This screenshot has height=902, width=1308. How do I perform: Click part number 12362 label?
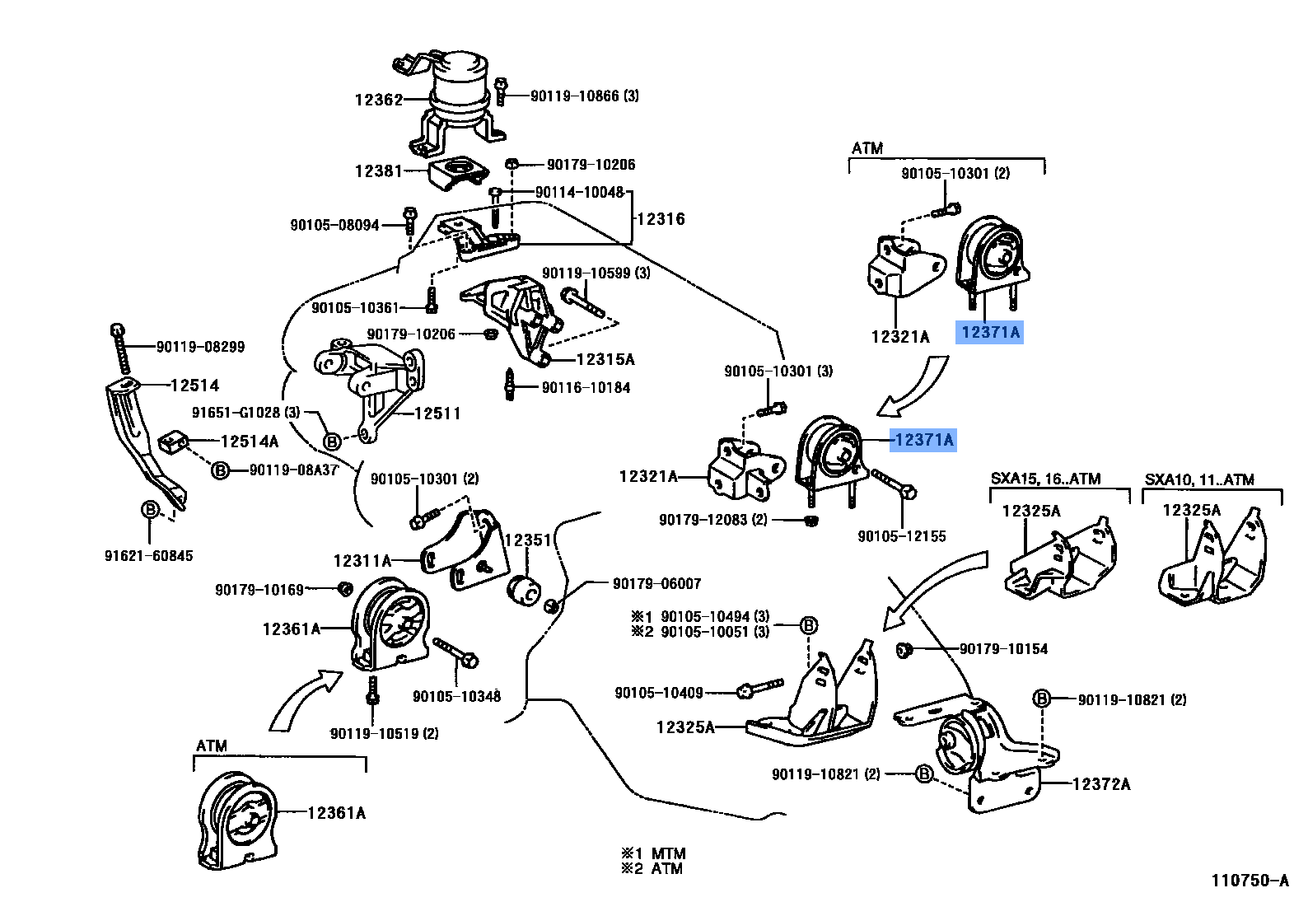[379, 100]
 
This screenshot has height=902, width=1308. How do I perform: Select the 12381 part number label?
[379, 171]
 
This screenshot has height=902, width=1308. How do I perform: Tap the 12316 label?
[661, 219]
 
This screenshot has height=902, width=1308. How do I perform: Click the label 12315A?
[605, 359]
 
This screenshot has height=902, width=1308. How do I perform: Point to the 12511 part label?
[437, 414]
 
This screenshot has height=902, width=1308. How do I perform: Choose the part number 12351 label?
[527, 540]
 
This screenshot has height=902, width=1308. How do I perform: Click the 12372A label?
[1101, 784]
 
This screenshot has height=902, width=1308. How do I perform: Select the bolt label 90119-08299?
[200, 347]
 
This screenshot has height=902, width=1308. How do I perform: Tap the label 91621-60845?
[148, 556]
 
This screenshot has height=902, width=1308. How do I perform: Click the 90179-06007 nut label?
[656, 583]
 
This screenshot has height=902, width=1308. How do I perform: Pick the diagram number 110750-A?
[1249, 881]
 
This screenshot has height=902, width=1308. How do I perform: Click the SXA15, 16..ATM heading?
[1045, 479]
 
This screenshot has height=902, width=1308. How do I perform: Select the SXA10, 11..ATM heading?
[1199, 479]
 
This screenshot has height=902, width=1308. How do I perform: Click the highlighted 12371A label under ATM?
[990, 332]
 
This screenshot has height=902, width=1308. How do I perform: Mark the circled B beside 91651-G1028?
[331, 442]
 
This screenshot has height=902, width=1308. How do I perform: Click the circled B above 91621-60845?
[150, 510]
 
